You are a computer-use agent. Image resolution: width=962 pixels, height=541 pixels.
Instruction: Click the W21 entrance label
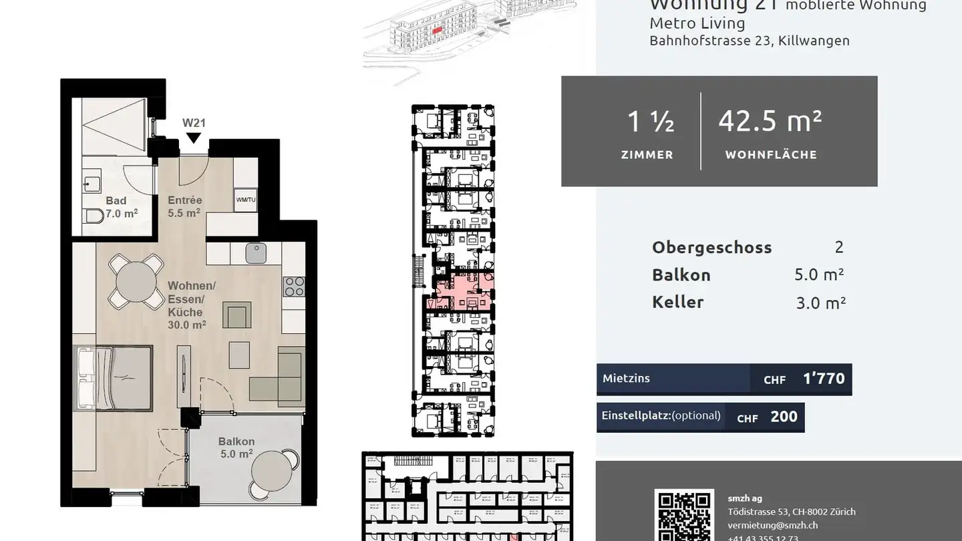point(194,123)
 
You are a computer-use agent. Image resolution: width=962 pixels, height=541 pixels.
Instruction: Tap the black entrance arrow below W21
point(194,138)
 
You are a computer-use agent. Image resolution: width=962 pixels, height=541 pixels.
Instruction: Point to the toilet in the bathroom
point(92,216)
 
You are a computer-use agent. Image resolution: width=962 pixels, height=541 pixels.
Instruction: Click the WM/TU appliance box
point(245,200)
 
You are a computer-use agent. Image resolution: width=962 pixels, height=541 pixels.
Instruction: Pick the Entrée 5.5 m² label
point(184,207)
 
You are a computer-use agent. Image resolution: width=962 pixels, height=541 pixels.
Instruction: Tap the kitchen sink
point(255,252)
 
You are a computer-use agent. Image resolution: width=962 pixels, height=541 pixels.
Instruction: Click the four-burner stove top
point(294,287)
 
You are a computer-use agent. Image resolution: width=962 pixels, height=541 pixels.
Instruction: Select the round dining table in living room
point(136,282)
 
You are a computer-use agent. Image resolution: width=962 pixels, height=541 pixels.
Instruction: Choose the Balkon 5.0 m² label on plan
point(236,447)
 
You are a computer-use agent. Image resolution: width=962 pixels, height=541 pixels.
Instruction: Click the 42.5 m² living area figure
point(770,122)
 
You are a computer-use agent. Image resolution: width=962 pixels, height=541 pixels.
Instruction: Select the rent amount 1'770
point(823,379)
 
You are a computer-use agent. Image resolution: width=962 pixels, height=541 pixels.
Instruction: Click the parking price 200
point(784,417)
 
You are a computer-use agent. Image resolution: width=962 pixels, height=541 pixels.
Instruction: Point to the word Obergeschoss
point(711,247)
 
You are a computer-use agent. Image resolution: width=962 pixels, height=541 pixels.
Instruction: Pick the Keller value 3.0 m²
point(820,303)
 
